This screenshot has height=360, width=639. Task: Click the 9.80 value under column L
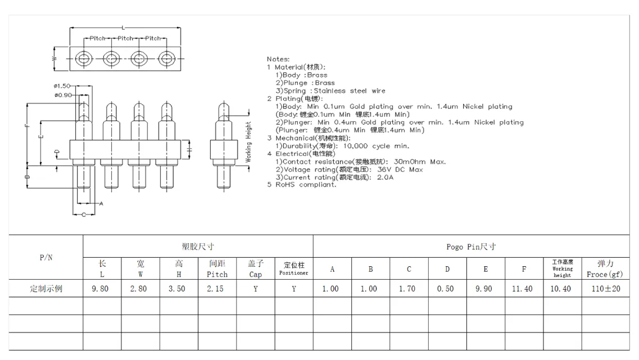(x=100, y=289)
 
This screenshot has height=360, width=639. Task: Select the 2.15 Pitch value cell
(x=215, y=289)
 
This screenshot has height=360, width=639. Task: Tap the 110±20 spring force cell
(x=606, y=289)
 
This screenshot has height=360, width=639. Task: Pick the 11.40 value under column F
(x=522, y=289)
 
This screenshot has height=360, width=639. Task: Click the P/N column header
(x=46, y=257)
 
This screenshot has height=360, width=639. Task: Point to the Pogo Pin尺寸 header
(x=471, y=247)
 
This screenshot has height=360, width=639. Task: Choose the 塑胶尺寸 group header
(x=198, y=247)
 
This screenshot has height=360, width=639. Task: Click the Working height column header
(x=563, y=268)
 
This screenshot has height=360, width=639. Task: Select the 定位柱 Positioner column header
(x=294, y=268)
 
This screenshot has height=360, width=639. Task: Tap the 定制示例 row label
(x=46, y=289)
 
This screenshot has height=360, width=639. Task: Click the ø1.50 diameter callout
(x=62, y=86)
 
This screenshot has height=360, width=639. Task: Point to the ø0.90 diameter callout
(x=63, y=95)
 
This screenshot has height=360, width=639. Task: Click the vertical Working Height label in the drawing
(x=248, y=142)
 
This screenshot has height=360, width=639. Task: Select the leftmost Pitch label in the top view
(x=97, y=38)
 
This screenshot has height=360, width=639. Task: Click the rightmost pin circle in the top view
(x=166, y=58)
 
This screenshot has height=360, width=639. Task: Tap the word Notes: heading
(x=278, y=59)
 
